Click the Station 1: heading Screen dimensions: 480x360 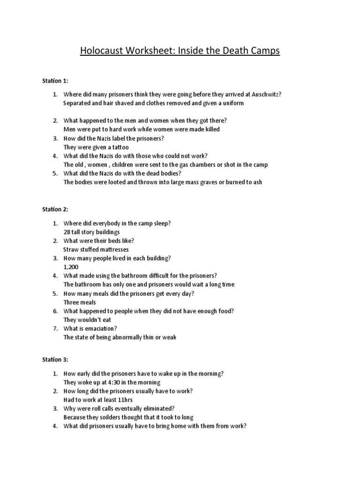pyautogui.click(x=55, y=81)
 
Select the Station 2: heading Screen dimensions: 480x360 pyautogui.click(x=55, y=209)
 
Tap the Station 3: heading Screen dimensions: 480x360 pyautogui.click(x=55, y=360)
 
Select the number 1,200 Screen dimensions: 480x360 pyautogui.click(x=71, y=267)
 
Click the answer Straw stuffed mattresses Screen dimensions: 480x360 pyautogui.click(x=96, y=249)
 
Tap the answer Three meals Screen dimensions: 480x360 pyautogui.click(x=80, y=302)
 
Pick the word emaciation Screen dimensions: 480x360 pyautogui.click(x=100, y=329)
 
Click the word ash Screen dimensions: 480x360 pyautogui.click(x=257, y=182)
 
